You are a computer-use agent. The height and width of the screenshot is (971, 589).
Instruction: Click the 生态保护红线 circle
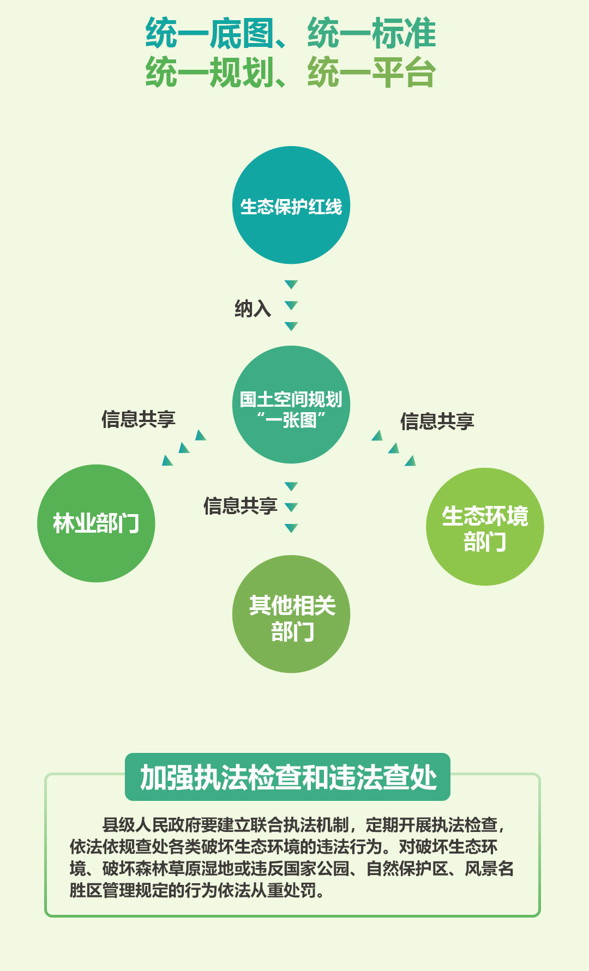pyautogui.click(x=291, y=206)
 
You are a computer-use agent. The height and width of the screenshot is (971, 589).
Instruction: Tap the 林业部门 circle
pyautogui.click(x=96, y=523)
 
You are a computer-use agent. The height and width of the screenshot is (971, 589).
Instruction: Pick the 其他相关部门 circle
pyautogui.click(x=291, y=614)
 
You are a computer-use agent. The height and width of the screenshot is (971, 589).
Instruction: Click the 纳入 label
pyautogui.click(x=253, y=309)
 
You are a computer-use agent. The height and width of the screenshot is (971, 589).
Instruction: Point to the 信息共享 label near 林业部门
pyautogui.click(x=139, y=419)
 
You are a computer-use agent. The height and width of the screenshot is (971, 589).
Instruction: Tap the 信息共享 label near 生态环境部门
pyautogui.click(x=437, y=421)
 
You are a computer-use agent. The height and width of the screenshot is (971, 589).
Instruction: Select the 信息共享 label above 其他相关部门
pyautogui.click(x=241, y=506)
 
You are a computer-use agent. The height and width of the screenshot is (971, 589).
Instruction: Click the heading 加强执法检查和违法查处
pyautogui.click(x=288, y=777)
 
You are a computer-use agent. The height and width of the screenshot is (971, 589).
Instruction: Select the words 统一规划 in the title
pyautogui.click(x=209, y=73)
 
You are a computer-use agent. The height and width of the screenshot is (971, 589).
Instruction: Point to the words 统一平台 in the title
pyautogui.click(x=371, y=73)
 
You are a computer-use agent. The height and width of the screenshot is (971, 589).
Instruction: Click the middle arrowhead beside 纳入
pyautogui.click(x=291, y=305)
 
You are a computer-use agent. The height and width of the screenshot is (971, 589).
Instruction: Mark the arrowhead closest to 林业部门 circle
pyautogui.click(x=167, y=461)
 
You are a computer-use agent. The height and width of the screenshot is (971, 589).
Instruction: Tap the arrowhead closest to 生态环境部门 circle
pyautogui.click(x=411, y=461)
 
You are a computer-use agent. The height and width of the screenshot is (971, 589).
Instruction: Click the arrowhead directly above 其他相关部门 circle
pyautogui.click(x=291, y=528)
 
